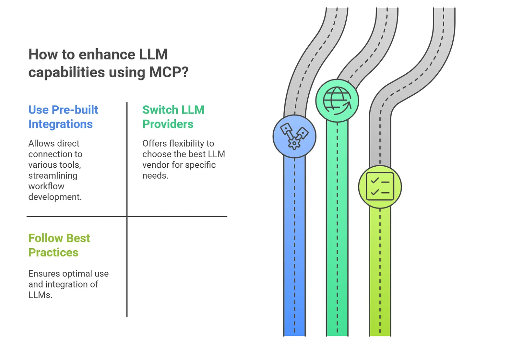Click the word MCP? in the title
[169, 72]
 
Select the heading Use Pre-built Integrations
[63, 117]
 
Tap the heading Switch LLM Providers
[173, 117]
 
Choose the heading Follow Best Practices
[59, 245]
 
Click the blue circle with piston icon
[294, 136]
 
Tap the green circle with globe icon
[337, 101]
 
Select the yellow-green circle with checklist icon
[380, 187]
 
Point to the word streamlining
[53, 176]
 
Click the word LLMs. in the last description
[40, 295]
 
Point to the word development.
[55, 197]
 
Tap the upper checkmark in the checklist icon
[374, 181]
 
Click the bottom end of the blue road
[294, 336]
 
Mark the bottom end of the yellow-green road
[380, 336]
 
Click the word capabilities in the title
[67, 73]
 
